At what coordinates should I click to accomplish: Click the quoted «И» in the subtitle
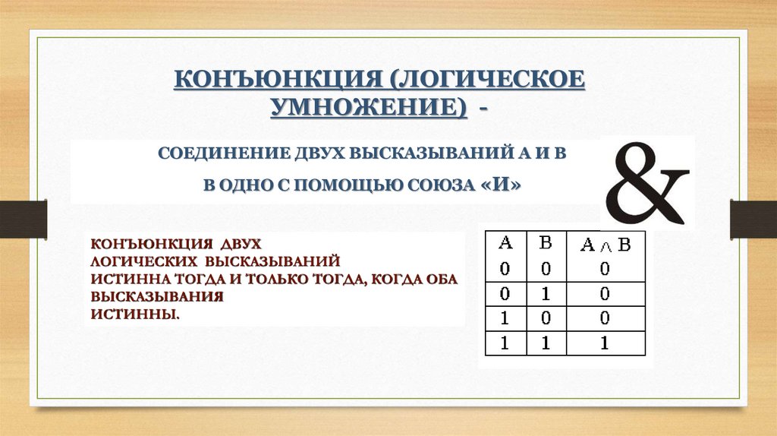tap(502, 186)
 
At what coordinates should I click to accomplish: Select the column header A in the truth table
tap(505, 244)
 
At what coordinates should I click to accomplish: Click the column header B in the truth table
tap(545, 244)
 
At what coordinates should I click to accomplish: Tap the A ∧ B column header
tap(605, 245)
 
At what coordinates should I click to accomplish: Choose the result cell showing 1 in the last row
tap(605, 343)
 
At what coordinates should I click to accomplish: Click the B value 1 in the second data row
tap(545, 293)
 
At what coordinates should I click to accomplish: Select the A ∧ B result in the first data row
tap(605, 268)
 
